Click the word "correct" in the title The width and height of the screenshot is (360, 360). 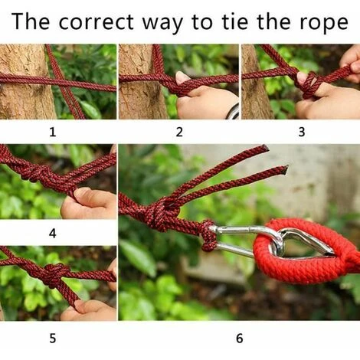click(96, 21)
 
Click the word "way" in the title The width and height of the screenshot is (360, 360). click(162, 24)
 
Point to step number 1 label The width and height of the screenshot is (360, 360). click(52, 132)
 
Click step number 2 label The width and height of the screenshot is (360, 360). click(179, 132)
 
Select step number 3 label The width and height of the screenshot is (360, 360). click(302, 132)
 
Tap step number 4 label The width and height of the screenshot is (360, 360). click(52, 233)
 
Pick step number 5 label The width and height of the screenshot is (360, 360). click(52, 338)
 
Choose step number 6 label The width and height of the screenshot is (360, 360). click(239, 338)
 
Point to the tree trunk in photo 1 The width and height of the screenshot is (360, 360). click(25, 82)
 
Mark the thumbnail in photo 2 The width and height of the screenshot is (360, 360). click(182, 77)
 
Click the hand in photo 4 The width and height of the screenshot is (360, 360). click(89, 203)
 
